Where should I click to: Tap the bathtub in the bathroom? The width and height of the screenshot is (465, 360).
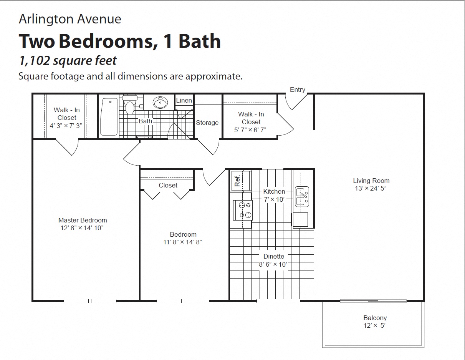click(109, 117)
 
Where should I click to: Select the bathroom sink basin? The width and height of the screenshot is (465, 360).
click(160, 103)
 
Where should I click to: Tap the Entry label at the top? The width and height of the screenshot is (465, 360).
click(297, 90)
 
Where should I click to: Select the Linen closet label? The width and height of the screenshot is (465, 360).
click(184, 100)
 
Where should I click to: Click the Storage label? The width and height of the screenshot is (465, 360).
click(207, 123)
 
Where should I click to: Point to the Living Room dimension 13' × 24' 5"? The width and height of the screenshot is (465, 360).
click(371, 188)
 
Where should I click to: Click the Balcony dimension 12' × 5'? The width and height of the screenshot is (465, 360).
click(375, 325)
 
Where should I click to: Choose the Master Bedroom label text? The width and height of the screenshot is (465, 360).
click(83, 220)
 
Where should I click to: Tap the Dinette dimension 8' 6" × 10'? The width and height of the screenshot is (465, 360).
click(274, 264)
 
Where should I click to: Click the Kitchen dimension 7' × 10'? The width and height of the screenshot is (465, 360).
click(274, 199)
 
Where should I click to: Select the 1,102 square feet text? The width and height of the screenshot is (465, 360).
click(68, 60)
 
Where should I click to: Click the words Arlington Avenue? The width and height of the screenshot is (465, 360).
click(70, 19)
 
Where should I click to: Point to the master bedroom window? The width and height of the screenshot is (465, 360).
click(90, 301)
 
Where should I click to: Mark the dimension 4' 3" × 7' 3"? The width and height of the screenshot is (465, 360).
click(66, 125)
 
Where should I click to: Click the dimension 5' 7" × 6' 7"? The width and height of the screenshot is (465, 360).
click(250, 130)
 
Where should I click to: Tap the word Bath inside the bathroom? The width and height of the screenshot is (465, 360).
click(145, 121)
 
